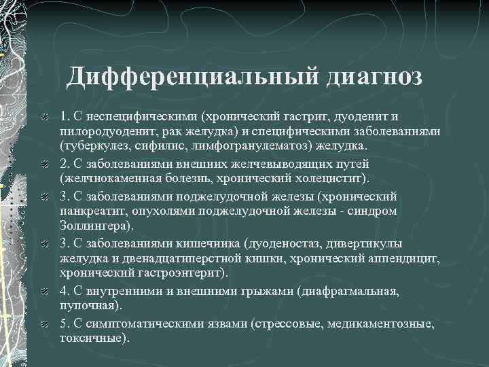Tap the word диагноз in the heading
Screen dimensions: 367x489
[374, 76]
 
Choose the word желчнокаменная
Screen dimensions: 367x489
[111, 179]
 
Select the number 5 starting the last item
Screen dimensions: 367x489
[63, 324]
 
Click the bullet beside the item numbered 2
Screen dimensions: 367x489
[43, 164]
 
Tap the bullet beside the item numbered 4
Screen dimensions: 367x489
[43, 291]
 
